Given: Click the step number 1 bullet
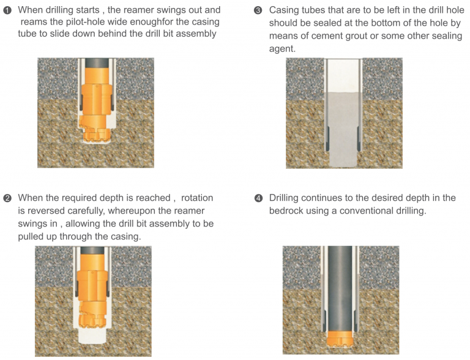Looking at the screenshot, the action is point(7,10).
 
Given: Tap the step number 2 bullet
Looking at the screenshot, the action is point(7,198).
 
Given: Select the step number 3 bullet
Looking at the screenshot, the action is point(258,10).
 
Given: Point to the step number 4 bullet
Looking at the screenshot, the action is point(258,198).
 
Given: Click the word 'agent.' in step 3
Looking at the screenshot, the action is point(282,49).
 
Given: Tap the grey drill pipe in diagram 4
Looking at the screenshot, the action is point(340,288).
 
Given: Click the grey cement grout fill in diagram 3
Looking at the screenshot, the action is point(343,130).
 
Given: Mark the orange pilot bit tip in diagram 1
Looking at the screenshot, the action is point(97,137).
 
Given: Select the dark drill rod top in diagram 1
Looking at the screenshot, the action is point(97,63).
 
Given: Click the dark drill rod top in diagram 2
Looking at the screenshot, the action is point(92,251).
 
